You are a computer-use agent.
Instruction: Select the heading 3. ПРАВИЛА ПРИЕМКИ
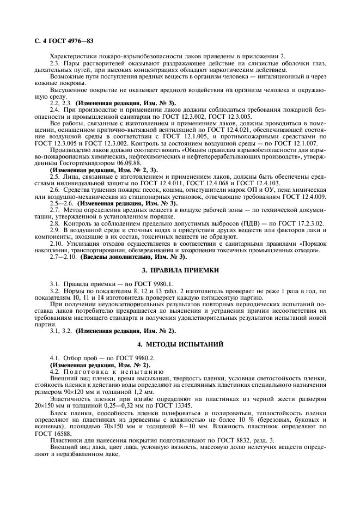click(180, 270)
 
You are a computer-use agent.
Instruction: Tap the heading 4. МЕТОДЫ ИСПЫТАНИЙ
click(180, 344)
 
